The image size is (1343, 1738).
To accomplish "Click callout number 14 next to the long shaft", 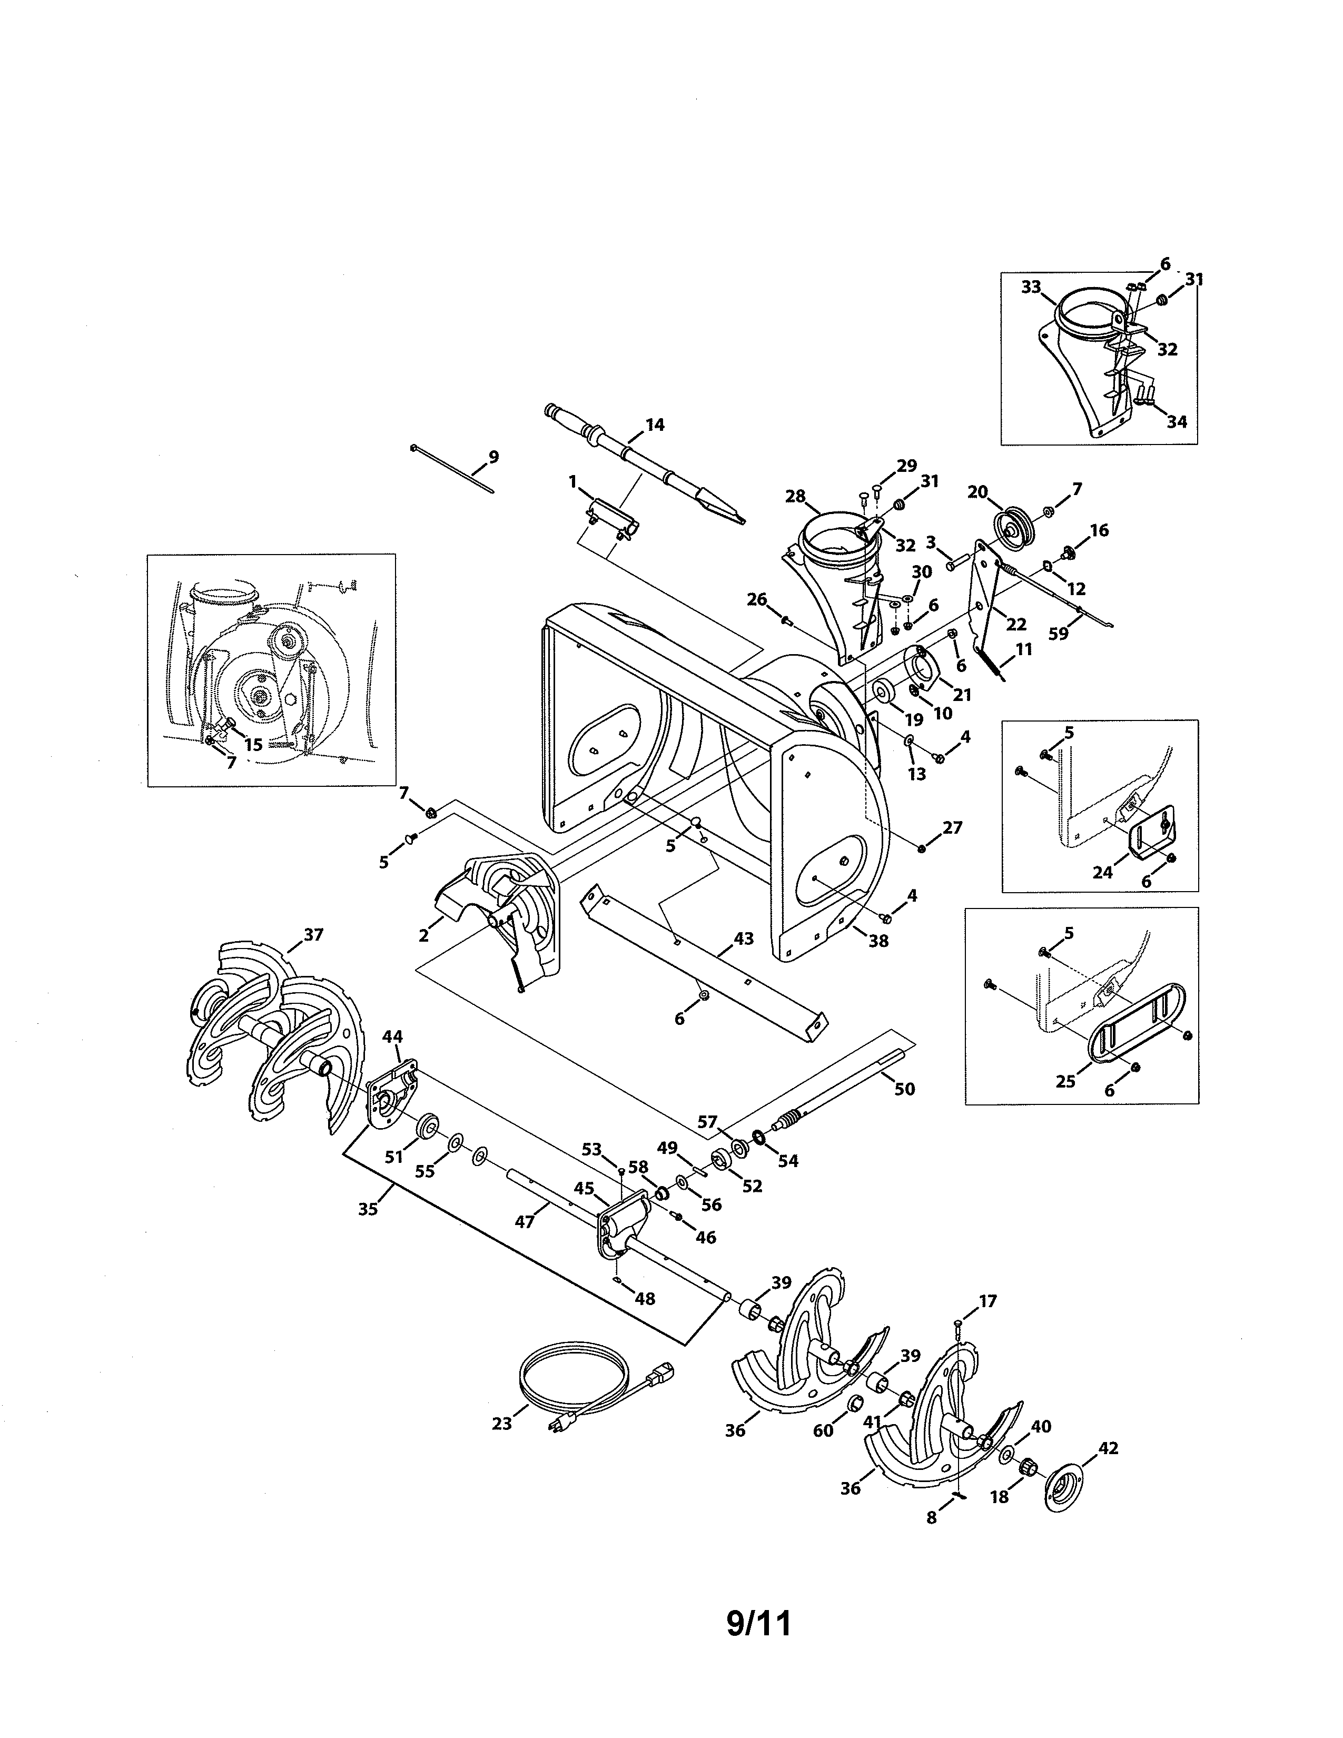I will (x=654, y=425).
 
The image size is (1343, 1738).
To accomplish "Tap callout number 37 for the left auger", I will (x=313, y=934).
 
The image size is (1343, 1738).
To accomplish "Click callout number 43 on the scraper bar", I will (x=743, y=939).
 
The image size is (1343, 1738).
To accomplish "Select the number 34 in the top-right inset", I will (x=1177, y=422).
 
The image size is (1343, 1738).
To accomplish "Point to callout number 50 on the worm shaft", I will (x=905, y=1089).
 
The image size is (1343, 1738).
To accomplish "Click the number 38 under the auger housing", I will (x=878, y=941).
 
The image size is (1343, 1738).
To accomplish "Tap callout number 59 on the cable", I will (x=1058, y=634).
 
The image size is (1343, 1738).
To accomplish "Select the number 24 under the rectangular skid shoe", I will (x=1102, y=872).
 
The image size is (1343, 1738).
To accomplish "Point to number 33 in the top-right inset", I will (x=1031, y=287).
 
